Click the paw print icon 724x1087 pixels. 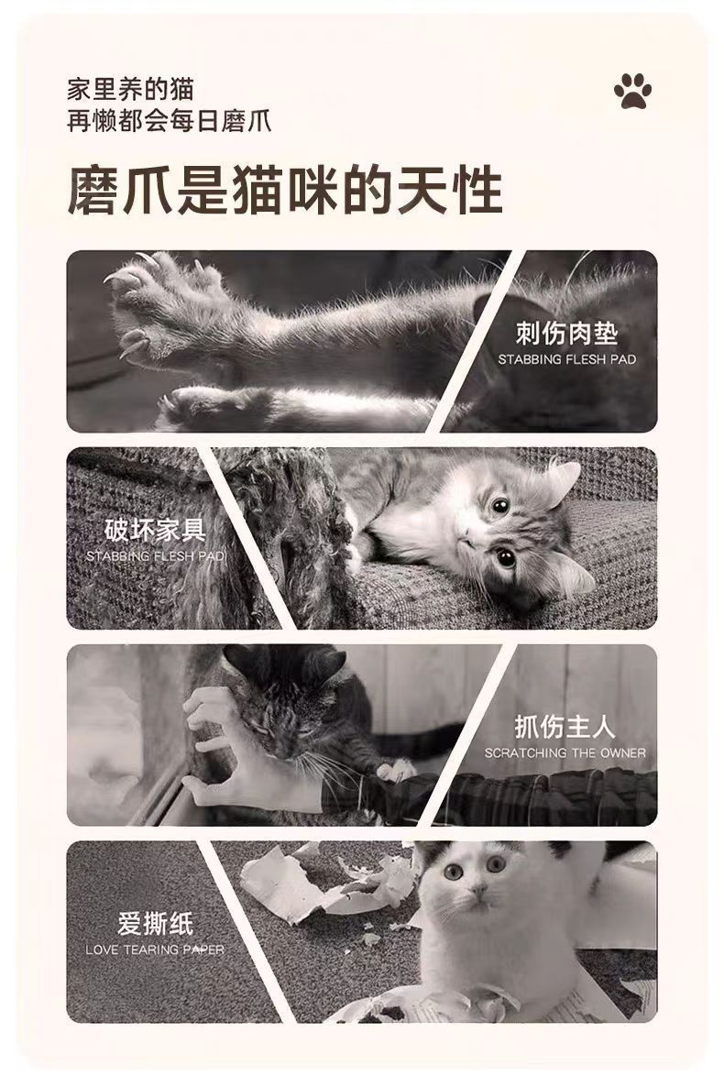tap(633, 92)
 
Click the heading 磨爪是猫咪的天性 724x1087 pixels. tap(285, 192)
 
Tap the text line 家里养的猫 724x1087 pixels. tap(130, 89)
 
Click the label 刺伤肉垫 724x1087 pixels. tap(565, 333)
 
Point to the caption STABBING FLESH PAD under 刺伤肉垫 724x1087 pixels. tap(566, 359)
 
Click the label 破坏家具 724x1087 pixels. tap(155, 530)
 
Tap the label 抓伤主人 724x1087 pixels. tap(565, 728)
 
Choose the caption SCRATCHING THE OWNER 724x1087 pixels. tap(565, 753)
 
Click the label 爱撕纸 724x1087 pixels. tap(155, 924)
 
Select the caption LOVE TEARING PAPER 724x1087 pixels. tap(155, 950)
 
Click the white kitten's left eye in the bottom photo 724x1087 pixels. tap(453, 872)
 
